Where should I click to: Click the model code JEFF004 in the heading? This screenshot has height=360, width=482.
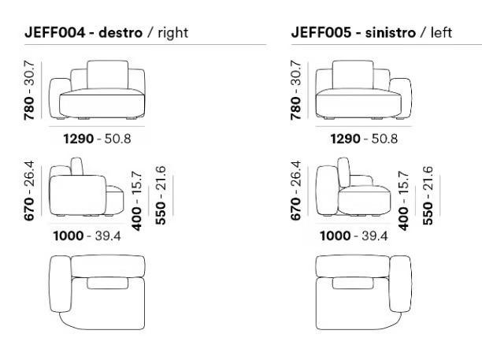(x=54, y=32)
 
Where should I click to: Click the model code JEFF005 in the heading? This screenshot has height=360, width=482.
(x=321, y=32)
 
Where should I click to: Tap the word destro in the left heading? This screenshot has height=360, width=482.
(x=120, y=32)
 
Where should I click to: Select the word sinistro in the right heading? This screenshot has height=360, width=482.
(x=391, y=32)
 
